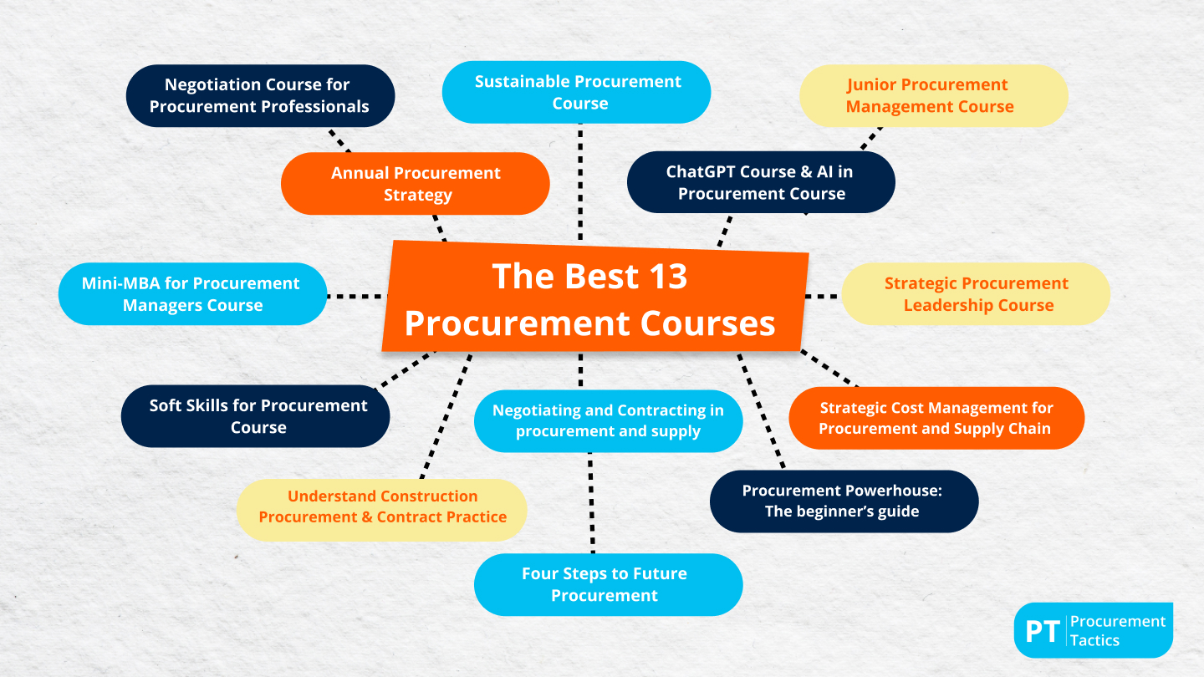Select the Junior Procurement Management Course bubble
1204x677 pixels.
pyautogui.click(x=933, y=95)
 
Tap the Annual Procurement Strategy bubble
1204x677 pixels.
pyautogui.click(x=416, y=184)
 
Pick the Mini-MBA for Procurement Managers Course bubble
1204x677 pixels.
pyautogui.click(x=191, y=294)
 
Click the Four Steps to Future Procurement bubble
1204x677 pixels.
pyautogui.click(x=608, y=585)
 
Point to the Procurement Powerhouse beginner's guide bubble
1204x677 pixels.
pyautogui.click(x=844, y=501)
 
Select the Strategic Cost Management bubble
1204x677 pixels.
pyautogui.click(x=936, y=418)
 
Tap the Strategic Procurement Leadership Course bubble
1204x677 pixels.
pyautogui.click(x=976, y=294)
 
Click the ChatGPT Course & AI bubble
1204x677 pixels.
pyautogui.click(x=761, y=182)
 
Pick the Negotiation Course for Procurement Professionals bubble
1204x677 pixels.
pyautogui.click(x=260, y=95)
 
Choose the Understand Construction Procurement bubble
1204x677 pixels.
pyautogui.click(x=382, y=506)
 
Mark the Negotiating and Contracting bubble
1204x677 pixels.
pyautogui.click(x=608, y=421)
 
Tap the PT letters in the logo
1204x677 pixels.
pyautogui.click(x=1042, y=631)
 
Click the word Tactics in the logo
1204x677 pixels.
pyautogui.click(x=1094, y=641)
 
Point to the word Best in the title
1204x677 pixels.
pyautogui.click(x=589, y=277)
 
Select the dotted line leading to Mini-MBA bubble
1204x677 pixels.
pyautogui.click(x=355, y=296)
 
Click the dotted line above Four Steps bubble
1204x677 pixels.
pyautogui.click(x=591, y=501)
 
